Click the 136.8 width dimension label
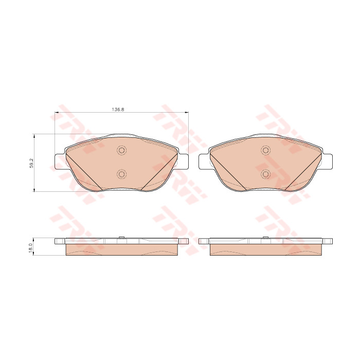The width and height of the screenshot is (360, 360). pos(118,109)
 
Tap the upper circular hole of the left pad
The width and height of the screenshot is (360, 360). pos(121,150)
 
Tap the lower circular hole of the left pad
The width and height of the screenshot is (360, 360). pos(121,174)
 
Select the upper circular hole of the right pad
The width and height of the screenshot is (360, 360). pos(266,150)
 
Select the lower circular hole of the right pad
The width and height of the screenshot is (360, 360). pos(266,174)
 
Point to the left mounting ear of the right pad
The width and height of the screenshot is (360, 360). pos(204,162)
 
